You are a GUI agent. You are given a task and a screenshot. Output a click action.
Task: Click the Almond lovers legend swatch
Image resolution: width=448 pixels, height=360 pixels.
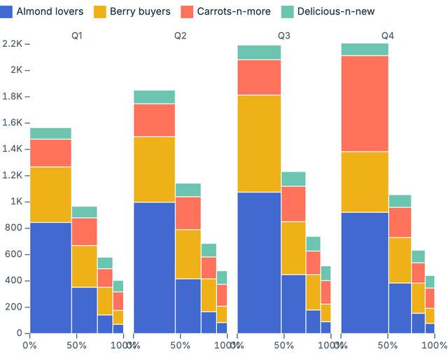pos(7,12)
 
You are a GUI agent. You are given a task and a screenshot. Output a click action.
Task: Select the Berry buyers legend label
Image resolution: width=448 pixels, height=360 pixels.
pos(140,12)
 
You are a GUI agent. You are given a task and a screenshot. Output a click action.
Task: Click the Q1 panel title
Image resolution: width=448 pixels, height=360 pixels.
pos(77,35)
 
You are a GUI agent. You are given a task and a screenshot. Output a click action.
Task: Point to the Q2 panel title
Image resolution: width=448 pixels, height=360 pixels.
pos(181,35)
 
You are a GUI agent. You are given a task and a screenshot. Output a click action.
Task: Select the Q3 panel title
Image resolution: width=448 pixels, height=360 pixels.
pos(284,35)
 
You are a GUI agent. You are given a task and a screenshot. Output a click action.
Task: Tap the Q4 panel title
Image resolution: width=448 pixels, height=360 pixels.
pos(388,35)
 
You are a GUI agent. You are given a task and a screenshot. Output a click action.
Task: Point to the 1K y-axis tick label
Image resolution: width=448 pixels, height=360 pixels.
pos(15,202)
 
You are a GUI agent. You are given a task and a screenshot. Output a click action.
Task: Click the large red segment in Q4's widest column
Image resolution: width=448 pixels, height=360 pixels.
pos(364,103)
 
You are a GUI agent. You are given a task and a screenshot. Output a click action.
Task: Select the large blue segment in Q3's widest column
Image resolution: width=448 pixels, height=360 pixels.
pos(259,262)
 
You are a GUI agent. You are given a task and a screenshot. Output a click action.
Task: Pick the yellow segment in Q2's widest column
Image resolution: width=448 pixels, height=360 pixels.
pos(154,169)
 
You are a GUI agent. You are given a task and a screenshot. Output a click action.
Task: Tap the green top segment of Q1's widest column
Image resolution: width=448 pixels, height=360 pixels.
pos(50,133)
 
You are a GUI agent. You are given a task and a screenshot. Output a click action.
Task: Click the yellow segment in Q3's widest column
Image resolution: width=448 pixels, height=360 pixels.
pos(259,143)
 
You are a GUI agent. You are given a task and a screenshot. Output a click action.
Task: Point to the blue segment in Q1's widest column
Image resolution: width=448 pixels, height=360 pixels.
pos(50,277)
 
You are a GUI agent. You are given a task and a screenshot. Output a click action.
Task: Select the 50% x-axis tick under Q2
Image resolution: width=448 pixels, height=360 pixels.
pos(180,345)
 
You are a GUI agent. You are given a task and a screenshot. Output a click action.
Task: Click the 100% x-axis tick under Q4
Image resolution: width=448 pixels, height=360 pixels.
pos(434,345)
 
